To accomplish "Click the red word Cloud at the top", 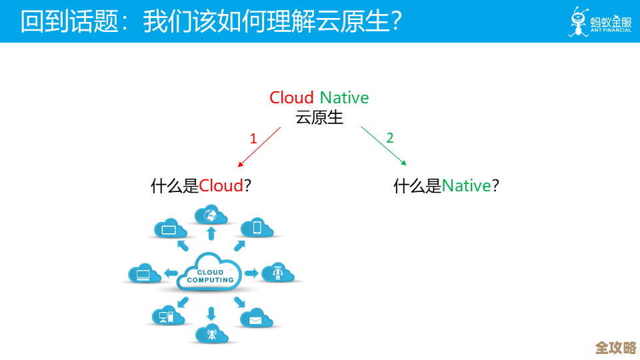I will tap(291, 98).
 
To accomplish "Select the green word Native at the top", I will tap(344, 98).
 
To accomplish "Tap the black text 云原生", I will tap(319, 117).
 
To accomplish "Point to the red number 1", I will tap(253, 139).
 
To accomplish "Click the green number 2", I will tap(390, 138).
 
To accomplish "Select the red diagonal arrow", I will tap(259, 147).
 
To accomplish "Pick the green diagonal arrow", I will tap(383, 146).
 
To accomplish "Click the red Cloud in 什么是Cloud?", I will tap(221, 185).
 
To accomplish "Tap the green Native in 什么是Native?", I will tap(466, 185).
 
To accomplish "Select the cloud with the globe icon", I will tap(211, 215).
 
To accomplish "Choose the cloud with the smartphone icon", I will tap(257, 228).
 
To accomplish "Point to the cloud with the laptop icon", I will tap(145, 273).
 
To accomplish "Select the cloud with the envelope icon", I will tap(256, 319).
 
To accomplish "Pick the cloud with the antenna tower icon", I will tap(211, 333).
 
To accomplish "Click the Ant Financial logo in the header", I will tap(599, 21).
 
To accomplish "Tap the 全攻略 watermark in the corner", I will tap(615, 347).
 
